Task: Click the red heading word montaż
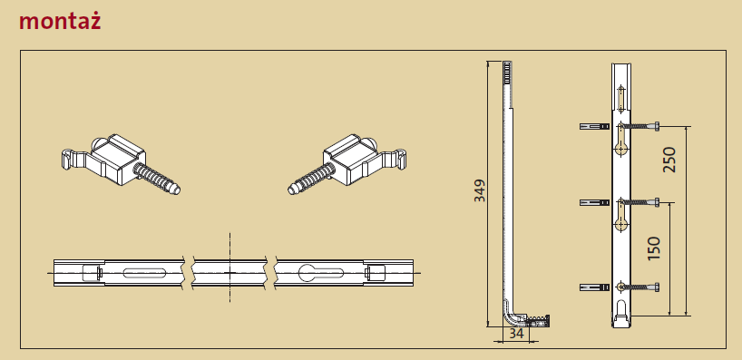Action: (60, 22)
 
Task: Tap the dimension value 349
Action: (480, 190)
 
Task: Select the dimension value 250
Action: (669, 160)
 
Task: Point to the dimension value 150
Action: (653, 248)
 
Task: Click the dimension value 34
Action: (517, 334)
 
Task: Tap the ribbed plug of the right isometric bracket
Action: (311, 179)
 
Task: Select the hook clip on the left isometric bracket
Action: (74, 159)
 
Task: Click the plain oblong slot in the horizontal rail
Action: (144, 273)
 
